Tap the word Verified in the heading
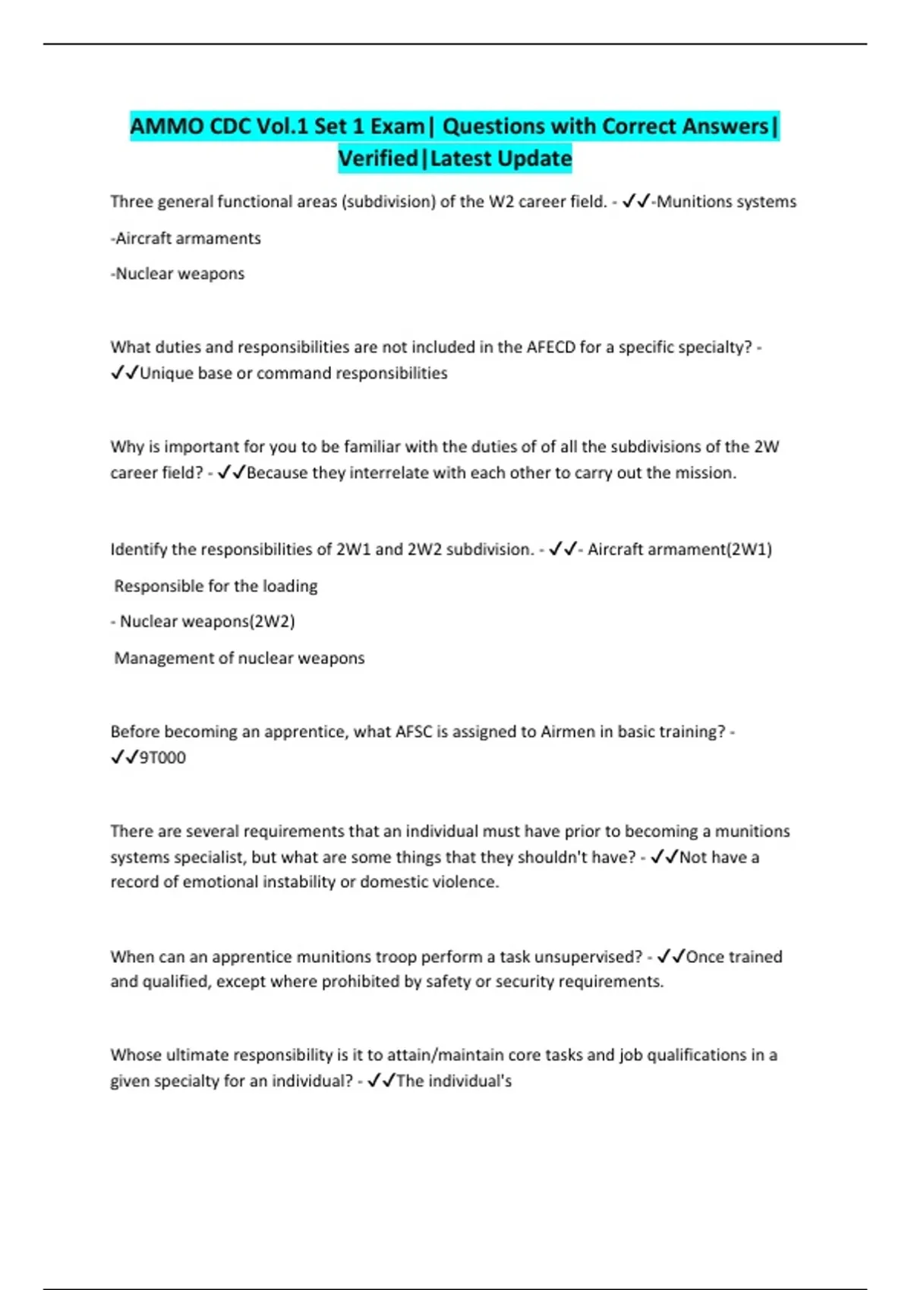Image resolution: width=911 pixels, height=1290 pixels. (x=378, y=159)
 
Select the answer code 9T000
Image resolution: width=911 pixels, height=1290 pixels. (x=162, y=757)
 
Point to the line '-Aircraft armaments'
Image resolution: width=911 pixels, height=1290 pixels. (x=186, y=238)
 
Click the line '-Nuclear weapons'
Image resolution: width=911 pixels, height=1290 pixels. (x=178, y=274)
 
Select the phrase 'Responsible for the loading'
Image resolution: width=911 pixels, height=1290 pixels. (x=216, y=586)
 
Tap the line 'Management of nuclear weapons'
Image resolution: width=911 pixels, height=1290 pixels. (x=239, y=658)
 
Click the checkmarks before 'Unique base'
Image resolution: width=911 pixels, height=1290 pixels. (x=124, y=373)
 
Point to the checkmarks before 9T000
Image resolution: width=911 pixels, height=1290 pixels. (x=124, y=757)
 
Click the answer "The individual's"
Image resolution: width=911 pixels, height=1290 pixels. (x=454, y=1081)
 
